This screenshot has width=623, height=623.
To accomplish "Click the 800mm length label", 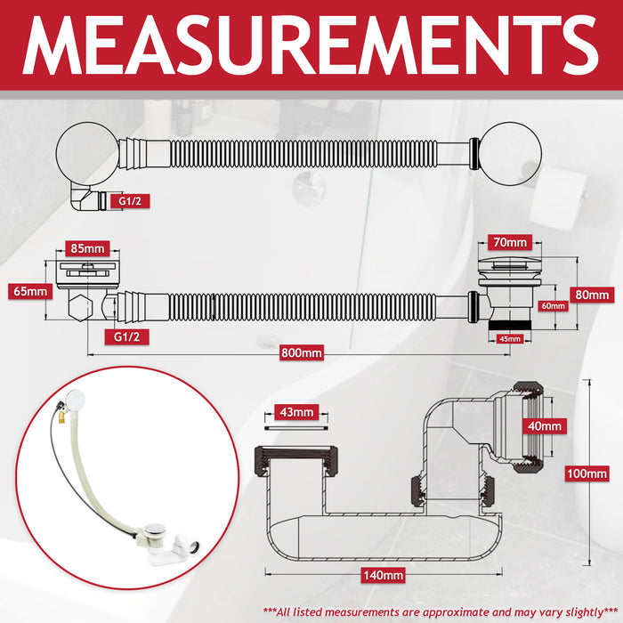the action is [302, 352].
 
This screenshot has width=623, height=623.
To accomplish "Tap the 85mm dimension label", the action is [87, 248].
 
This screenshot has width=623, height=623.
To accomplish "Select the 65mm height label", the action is [30, 291].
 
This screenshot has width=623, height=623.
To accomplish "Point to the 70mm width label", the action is [510, 242].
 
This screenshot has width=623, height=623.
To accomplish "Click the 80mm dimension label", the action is [592, 295].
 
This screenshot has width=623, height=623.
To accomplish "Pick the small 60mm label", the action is [553, 306].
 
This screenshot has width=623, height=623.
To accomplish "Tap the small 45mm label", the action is [510, 339].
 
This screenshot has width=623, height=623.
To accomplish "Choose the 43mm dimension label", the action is [296, 412].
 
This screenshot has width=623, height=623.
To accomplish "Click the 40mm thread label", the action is [545, 426].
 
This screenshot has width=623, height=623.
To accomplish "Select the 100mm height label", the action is [587, 473].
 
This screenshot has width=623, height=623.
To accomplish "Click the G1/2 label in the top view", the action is [130, 201].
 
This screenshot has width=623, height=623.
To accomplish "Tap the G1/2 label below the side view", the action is [126, 337].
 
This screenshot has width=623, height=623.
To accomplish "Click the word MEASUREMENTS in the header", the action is [311, 45].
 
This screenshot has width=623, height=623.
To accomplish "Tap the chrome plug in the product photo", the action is [153, 530].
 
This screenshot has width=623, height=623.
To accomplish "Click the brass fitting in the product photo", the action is [62, 416].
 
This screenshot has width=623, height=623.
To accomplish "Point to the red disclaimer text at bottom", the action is [441, 612].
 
